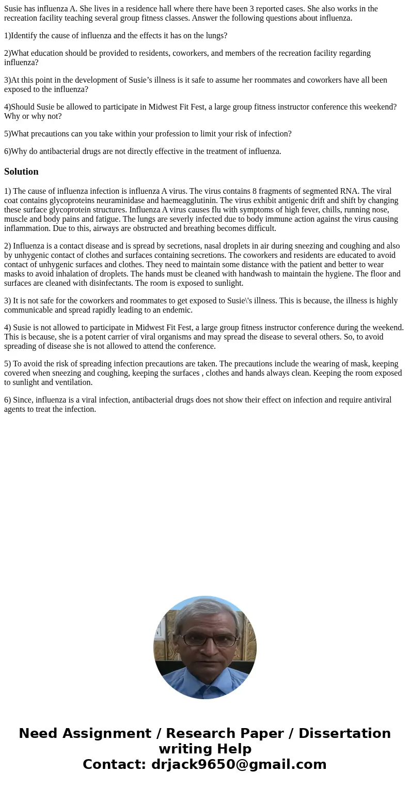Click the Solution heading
pos(21,172)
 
